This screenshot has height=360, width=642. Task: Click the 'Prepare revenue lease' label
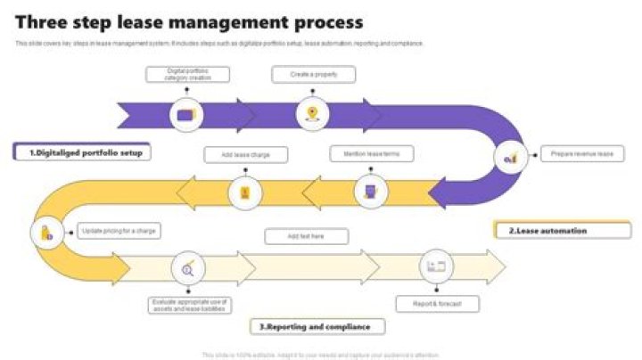(x=581, y=154)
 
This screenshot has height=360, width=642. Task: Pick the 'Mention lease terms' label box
(x=372, y=154)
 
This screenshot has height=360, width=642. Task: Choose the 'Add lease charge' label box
(x=246, y=155)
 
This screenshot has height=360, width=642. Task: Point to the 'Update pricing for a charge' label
(x=119, y=232)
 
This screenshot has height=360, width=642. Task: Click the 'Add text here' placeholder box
(x=306, y=236)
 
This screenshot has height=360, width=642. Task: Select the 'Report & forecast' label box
(x=438, y=304)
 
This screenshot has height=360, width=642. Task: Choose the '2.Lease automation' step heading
(x=550, y=231)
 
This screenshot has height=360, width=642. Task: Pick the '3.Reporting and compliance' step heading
(x=317, y=327)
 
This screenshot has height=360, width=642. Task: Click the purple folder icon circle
(x=185, y=114)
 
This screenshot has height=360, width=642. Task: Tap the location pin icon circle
(x=311, y=113)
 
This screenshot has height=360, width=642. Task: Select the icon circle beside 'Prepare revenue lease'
(x=511, y=157)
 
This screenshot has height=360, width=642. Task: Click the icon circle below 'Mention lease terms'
(x=371, y=191)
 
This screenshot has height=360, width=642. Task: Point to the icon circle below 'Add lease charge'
(x=245, y=192)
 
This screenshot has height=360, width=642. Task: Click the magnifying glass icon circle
(x=188, y=267)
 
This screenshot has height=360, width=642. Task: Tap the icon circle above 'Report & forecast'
(x=436, y=266)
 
